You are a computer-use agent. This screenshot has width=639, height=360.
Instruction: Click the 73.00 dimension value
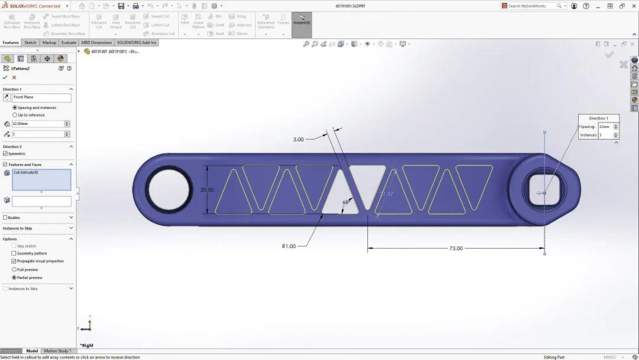coord(456,248)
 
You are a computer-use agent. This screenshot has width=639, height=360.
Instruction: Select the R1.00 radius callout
coord(289,246)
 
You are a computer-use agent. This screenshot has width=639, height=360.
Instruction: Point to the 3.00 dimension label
coord(298,139)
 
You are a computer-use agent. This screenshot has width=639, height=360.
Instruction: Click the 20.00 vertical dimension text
coord(207,190)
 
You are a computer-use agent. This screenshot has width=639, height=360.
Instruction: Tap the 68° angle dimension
coord(346,202)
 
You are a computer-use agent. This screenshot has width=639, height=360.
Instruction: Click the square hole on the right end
coord(544,191)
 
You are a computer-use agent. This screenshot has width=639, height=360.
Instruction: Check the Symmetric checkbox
coord(5,154)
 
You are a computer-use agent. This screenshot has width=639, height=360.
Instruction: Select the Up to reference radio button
coord(14,115)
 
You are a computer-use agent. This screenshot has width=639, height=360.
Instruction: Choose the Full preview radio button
coord(14,269)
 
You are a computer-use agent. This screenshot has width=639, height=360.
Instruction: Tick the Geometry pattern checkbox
coord(14,253)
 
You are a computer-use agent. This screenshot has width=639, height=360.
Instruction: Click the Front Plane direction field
coord(41,97)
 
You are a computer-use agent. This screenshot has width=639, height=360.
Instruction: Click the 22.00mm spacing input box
coord(37,124)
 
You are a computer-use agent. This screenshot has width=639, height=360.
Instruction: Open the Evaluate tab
coord(69,43)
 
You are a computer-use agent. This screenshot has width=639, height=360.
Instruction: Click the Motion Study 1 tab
coord(57,351)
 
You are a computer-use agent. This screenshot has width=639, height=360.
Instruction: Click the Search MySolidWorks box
coord(531,6)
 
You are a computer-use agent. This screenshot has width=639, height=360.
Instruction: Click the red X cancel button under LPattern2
coord(14,78)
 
